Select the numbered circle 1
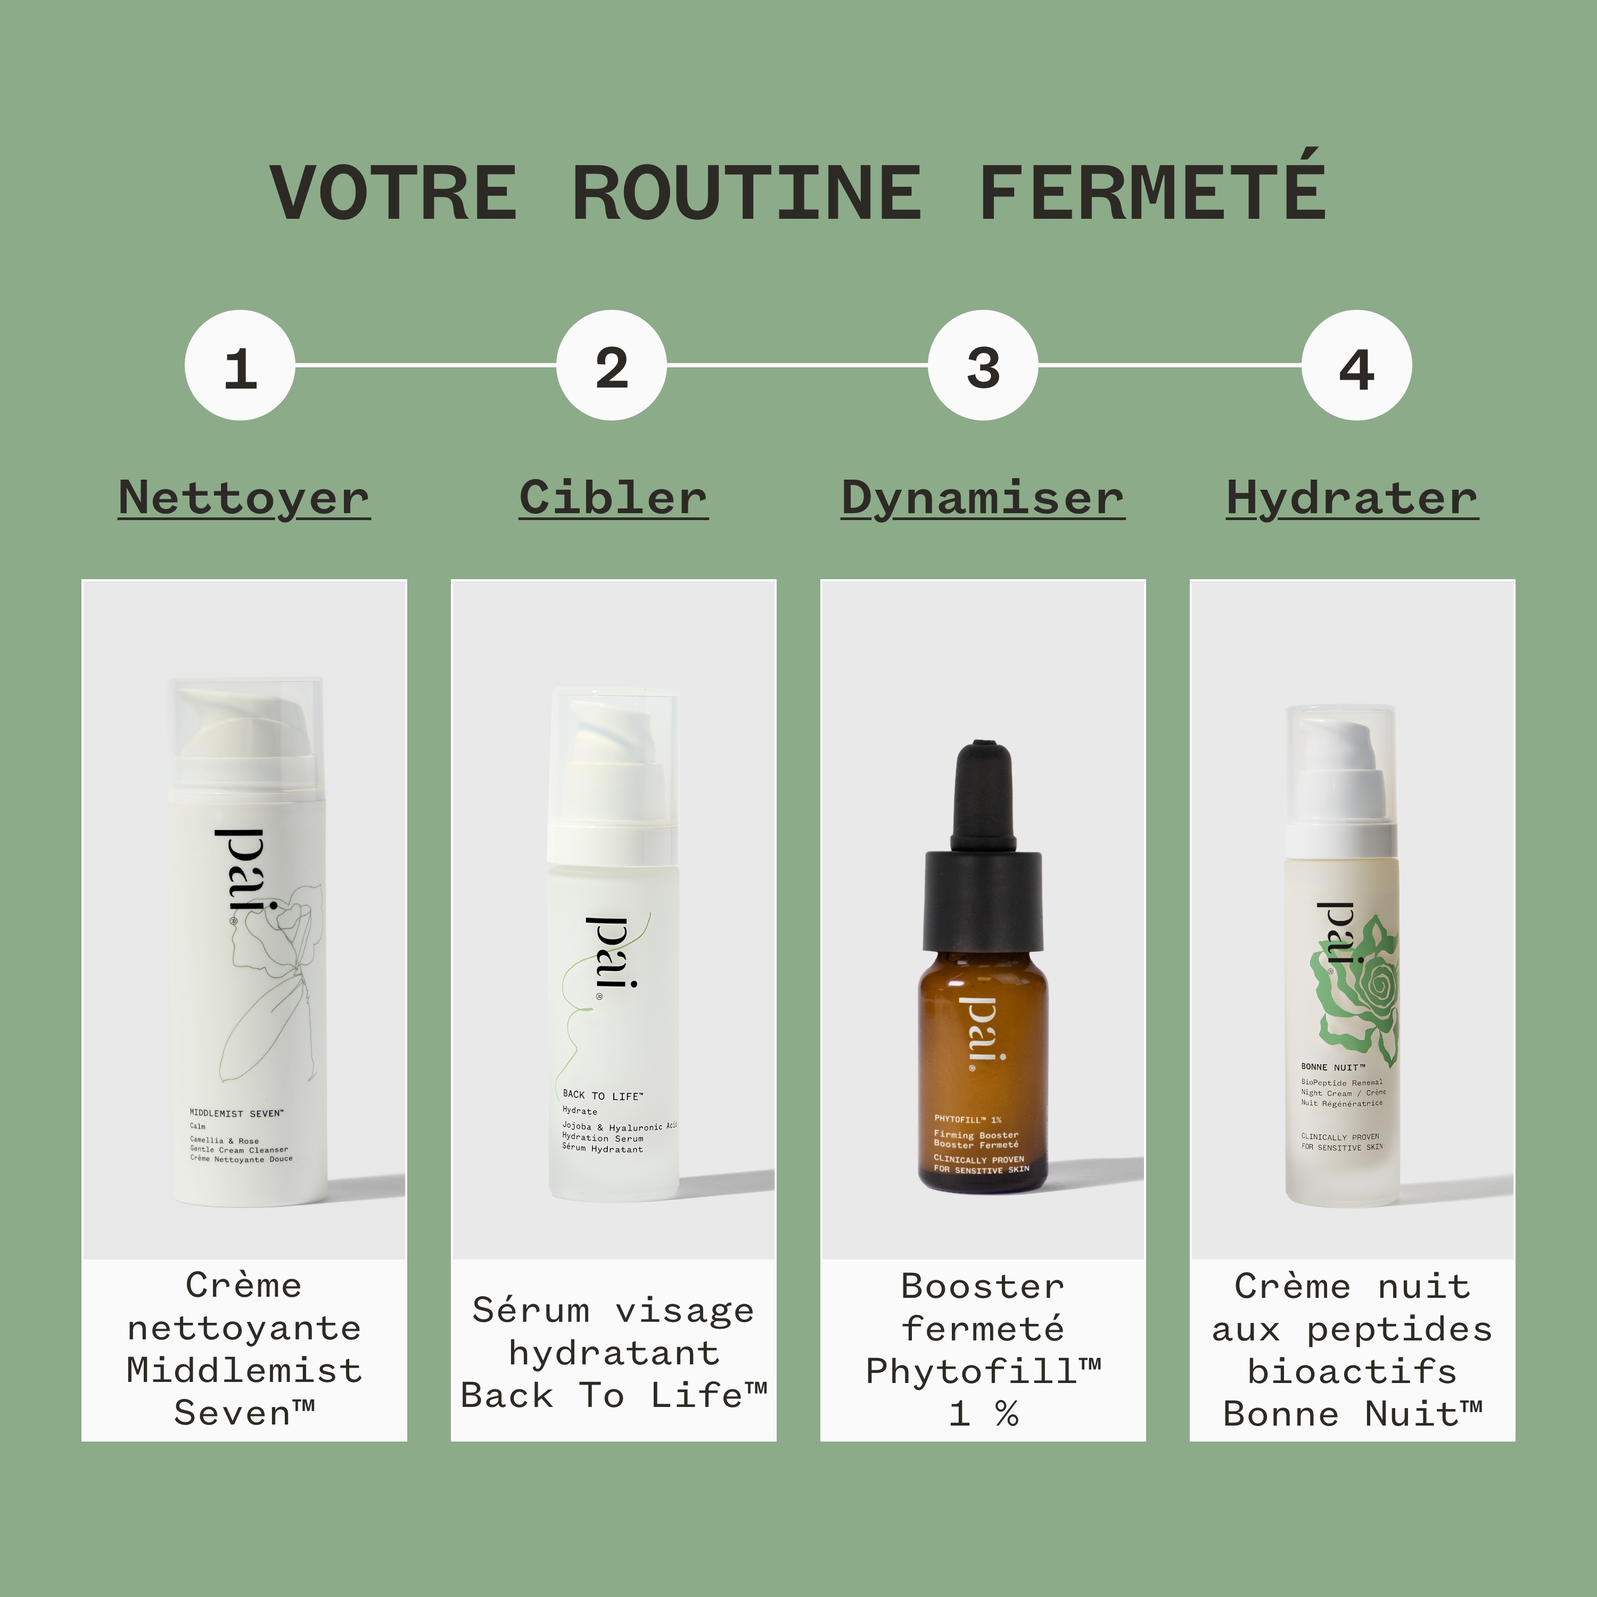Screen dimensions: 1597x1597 [x=240, y=365]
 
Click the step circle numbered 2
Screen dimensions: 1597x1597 [x=612, y=365]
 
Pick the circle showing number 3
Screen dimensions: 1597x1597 [x=983, y=365]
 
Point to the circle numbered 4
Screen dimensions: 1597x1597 [x=1356, y=365]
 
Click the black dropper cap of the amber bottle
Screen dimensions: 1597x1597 [x=982, y=835]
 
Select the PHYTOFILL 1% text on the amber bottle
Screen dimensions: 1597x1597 [x=968, y=1119]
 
